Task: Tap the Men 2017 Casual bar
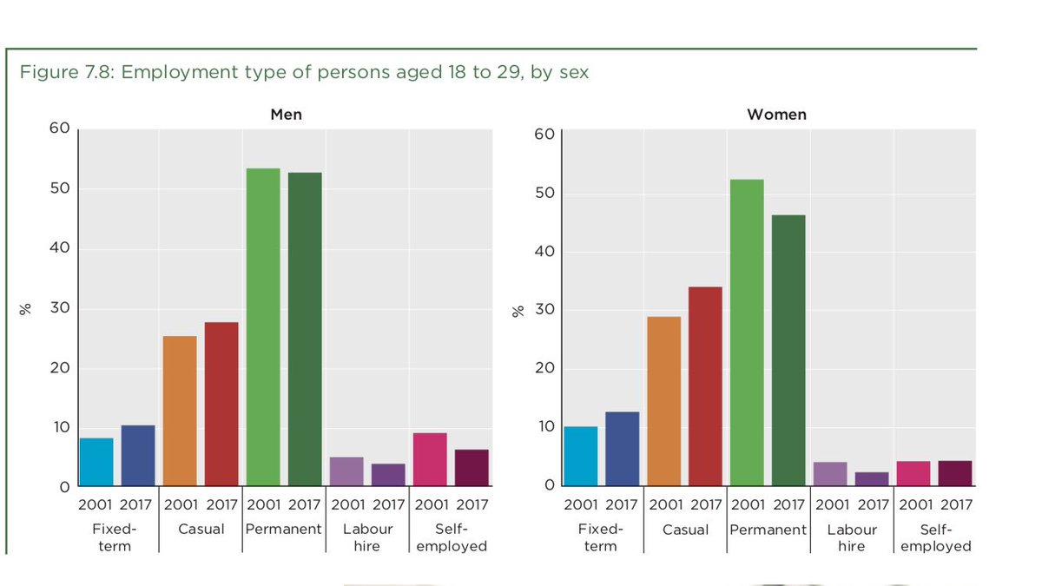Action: coord(221,404)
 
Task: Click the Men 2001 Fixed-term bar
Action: coord(96,462)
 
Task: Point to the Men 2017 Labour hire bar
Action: coord(388,475)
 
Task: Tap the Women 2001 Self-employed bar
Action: coord(913,473)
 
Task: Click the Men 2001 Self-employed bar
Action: coord(430,459)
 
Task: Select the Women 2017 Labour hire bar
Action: coord(872,478)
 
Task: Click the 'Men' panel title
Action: coord(286,115)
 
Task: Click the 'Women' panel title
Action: coord(776,115)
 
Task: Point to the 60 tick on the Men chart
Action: coord(59,128)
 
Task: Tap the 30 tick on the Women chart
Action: coord(544,310)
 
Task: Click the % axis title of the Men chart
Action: coord(26,308)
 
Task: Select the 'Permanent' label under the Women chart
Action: coord(768,530)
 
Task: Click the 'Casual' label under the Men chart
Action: coord(201,529)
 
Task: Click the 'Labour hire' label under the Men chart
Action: coord(367,537)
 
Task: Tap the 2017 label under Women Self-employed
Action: coord(955,504)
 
